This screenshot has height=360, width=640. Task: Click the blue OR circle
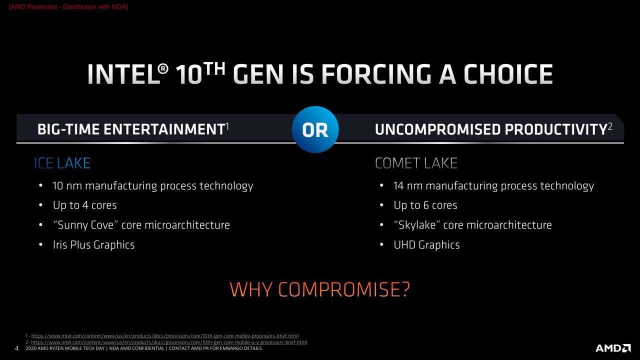315,129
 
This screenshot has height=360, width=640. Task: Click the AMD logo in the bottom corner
613,348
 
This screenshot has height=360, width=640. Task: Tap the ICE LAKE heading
62,163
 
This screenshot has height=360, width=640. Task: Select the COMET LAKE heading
416,163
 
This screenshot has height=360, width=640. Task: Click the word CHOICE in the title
508,74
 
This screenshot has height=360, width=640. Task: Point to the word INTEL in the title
123,74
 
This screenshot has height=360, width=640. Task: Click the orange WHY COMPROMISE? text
319,289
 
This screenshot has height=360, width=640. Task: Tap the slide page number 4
16,348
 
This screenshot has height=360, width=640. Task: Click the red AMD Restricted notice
68,7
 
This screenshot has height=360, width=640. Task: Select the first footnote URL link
165,336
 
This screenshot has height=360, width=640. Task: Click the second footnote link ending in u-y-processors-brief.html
169,342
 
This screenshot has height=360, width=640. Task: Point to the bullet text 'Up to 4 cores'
85,205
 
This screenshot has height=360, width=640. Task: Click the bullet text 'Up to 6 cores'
425,205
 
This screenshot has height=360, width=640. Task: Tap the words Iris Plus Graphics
93,245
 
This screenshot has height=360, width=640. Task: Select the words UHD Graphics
426,245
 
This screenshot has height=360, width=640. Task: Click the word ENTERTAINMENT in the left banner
164,129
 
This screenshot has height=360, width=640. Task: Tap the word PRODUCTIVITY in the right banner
555,129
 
